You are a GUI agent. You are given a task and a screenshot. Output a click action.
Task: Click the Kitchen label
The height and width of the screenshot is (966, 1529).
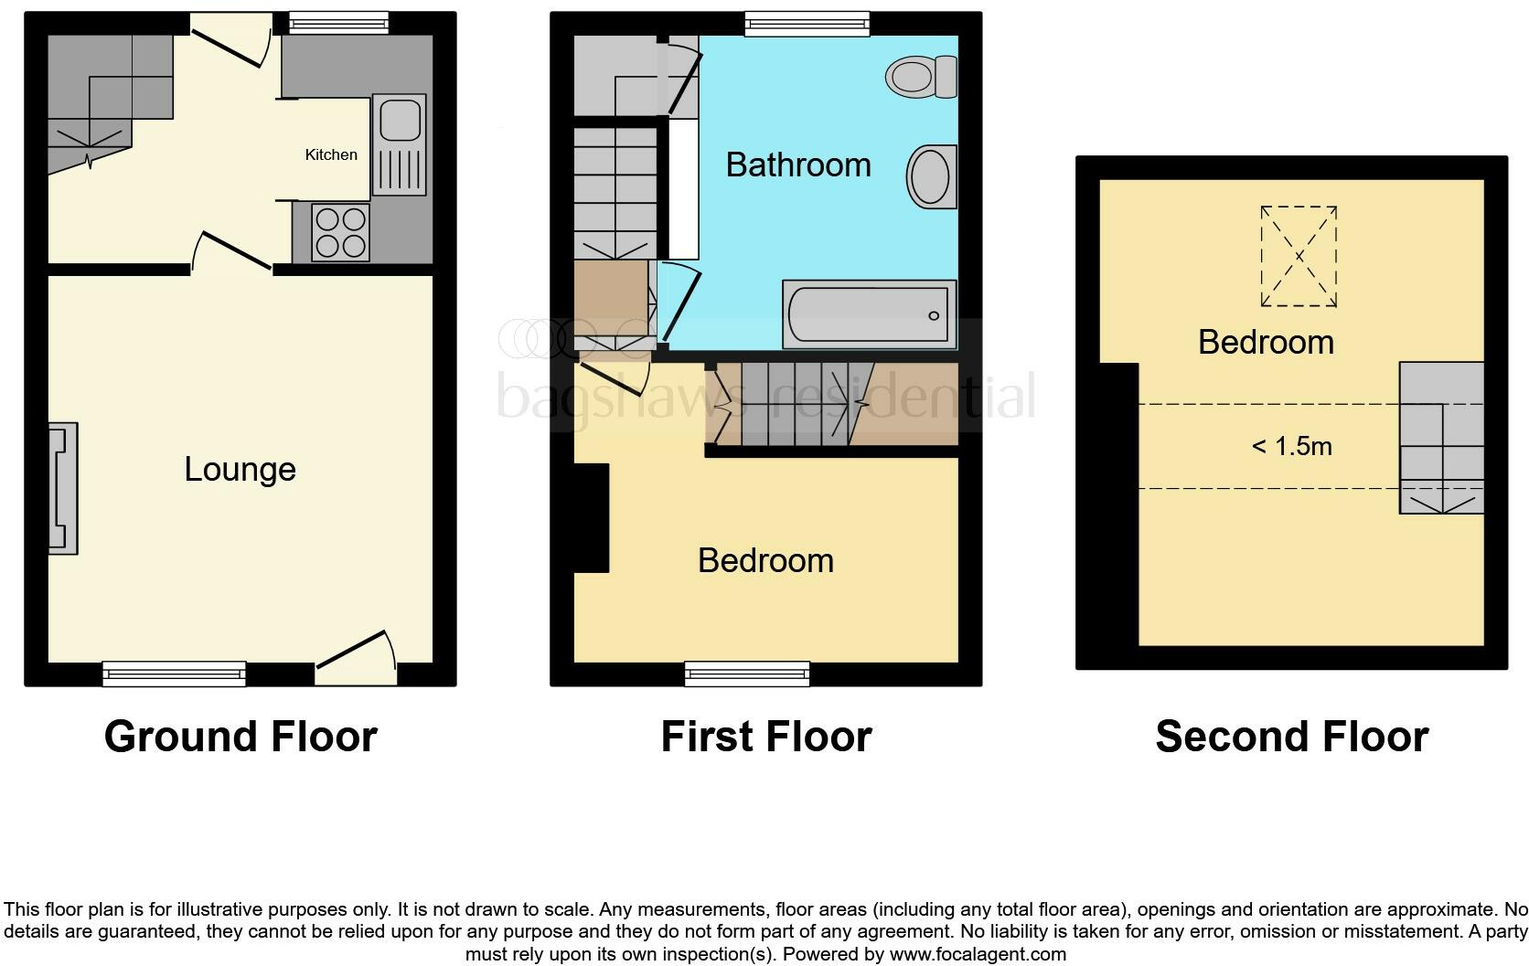click(331, 154)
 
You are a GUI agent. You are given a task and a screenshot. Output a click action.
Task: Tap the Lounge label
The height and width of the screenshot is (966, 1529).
click(240, 469)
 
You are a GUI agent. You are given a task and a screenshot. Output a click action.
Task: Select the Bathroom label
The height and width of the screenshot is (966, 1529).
click(797, 165)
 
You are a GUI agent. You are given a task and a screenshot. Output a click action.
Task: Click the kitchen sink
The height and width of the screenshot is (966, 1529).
click(400, 143)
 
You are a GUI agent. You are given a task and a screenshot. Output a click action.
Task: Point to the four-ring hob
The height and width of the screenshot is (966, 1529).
click(340, 231)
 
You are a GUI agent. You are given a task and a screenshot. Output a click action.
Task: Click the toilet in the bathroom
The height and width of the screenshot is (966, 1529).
click(921, 77)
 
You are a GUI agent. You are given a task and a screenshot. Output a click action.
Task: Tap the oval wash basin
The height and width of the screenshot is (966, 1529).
click(931, 176)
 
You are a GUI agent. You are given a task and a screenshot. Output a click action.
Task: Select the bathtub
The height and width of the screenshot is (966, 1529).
click(869, 314)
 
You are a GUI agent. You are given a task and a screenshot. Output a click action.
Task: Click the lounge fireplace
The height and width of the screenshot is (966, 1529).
click(63, 488)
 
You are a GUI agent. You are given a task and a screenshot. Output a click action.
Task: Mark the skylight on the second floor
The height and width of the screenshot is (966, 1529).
click(1299, 256)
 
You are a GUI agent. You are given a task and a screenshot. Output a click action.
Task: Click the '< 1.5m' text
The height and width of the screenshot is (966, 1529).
click(1291, 446)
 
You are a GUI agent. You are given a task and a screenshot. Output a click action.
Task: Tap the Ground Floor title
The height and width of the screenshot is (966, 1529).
click(240, 737)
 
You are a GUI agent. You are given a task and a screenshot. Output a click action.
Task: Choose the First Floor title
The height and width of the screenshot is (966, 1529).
click(766, 737)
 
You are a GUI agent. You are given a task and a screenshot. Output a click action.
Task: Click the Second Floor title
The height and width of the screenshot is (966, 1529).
click(1291, 737)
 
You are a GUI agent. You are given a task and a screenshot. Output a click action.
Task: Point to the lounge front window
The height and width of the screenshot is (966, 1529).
click(174, 674)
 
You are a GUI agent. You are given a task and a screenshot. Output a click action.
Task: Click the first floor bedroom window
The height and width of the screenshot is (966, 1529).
click(747, 674)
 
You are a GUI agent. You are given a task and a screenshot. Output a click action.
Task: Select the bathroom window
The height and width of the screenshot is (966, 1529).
click(806, 24)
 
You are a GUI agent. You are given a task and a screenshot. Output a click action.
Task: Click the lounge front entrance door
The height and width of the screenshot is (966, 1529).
click(356, 665)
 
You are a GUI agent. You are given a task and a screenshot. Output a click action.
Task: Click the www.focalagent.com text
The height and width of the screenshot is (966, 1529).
click(977, 954)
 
